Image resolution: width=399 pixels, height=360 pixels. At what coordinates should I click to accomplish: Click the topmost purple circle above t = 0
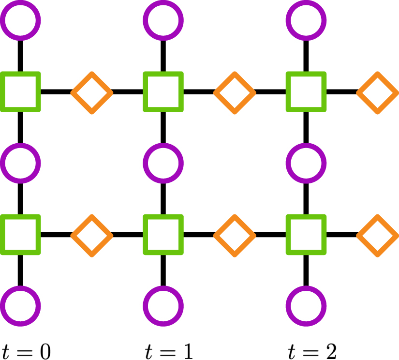pos(20,20)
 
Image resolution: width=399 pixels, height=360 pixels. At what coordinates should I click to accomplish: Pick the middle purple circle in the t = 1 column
pos(163,163)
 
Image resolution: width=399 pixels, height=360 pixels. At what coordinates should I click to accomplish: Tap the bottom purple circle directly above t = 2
pos(306,306)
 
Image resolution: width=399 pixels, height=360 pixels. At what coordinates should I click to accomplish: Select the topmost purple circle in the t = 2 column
pos(306,20)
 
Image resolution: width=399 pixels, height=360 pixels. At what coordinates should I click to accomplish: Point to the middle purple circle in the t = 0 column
pos(20,163)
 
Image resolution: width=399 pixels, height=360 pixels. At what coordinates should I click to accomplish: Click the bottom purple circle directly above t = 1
pos(163,306)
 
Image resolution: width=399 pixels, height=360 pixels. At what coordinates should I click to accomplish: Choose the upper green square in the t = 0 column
pos(20,92)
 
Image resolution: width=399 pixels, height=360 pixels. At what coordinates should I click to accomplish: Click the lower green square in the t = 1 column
pos(163,235)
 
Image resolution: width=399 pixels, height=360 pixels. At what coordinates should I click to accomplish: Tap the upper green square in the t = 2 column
pos(306,92)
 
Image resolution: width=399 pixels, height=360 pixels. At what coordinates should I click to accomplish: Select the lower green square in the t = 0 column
pos(20,235)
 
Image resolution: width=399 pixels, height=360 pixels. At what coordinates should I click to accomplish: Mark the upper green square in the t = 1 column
pos(163,92)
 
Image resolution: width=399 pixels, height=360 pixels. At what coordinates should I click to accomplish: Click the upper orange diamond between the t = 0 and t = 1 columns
pos(92,92)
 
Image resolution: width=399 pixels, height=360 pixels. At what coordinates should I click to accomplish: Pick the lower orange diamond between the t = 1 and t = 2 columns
pos(235,235)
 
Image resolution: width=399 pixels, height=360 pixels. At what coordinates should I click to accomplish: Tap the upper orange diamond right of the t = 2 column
pos(377,92)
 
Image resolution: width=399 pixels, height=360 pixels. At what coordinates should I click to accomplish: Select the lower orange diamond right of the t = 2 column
pos(377,235)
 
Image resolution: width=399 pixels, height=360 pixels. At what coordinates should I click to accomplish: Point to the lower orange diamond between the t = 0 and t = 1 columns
pos(92,235)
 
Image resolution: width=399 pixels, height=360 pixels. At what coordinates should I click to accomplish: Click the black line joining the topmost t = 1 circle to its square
pos(163,56)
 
